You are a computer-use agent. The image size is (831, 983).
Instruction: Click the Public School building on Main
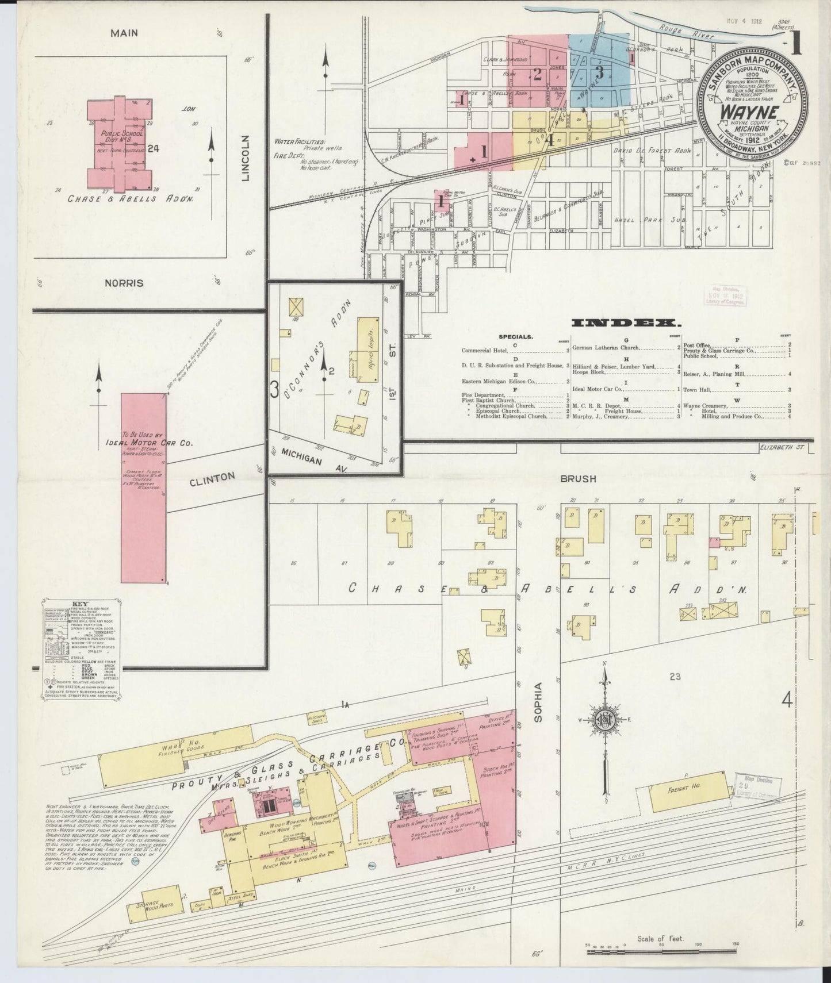120,146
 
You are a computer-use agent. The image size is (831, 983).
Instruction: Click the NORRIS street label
124,283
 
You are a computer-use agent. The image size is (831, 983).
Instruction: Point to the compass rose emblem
605,720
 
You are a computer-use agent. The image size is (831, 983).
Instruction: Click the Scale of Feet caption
660,939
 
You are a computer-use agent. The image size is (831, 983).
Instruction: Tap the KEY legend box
80,649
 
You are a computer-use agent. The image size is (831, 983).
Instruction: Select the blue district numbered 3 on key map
599,72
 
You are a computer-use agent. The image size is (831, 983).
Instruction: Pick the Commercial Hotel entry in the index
484,350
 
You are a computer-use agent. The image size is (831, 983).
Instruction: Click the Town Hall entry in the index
698,390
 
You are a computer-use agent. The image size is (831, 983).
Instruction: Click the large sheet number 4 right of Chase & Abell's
787,700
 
